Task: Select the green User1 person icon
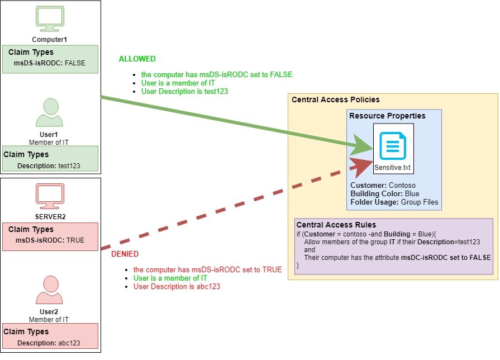click(50, 113)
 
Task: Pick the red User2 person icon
click(50, 290)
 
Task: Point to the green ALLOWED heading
click(137, 59)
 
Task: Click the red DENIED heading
click(125, 254)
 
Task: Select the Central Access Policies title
click(335, 100)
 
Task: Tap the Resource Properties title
click(387, 116)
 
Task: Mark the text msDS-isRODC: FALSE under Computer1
click(50, 63)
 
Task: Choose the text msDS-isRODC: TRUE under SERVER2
click(50, 240)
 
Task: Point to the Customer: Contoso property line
click(383, 186)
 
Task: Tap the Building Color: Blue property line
click(384, 194)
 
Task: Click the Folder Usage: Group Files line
click(394, 202)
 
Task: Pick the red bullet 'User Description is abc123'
click(180, 287)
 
